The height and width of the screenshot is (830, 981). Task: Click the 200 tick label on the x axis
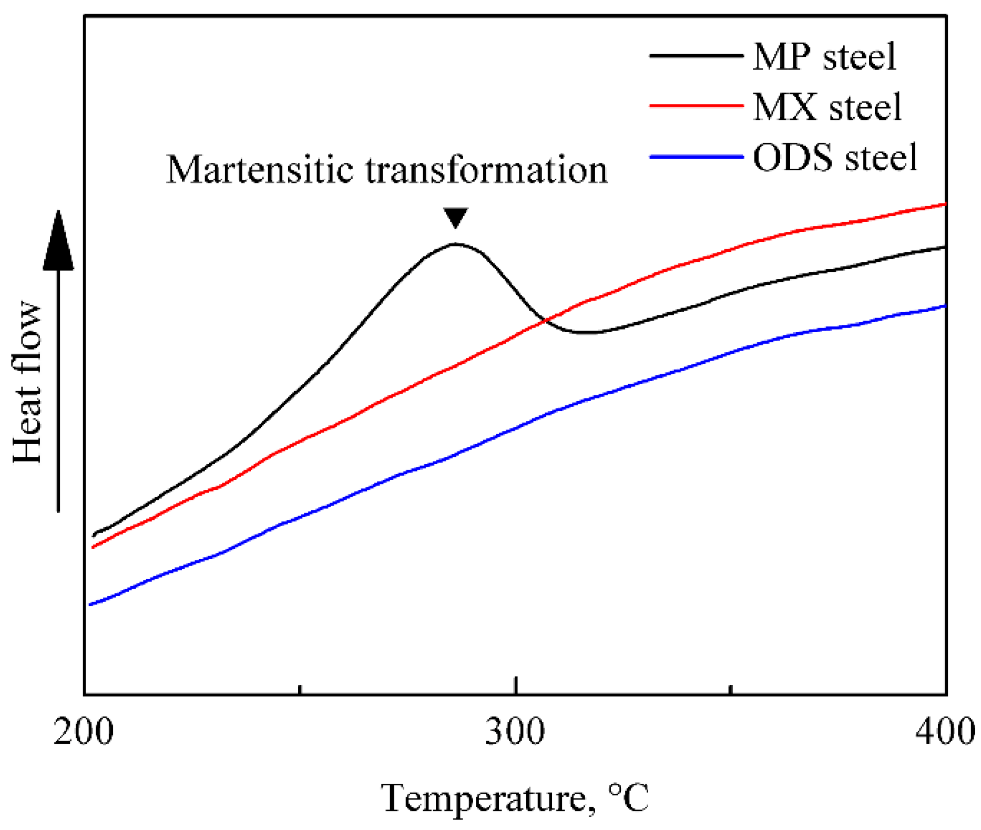click(84, 731)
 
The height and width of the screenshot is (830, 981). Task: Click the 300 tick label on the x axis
click(515, 731)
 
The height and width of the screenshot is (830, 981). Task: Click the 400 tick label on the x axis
click(945, 731)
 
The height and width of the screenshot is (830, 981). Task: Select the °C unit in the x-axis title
click(629, 798)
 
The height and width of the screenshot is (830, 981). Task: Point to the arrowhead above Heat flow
click(58, 242)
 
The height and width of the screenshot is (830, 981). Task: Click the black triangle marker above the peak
click(455, 217)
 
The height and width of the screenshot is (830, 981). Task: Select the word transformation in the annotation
click(486, 170)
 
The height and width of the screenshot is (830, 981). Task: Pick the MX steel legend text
click(827, 107)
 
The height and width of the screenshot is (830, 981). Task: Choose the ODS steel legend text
click(835, 157)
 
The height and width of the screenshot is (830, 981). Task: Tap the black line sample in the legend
click(696, 56)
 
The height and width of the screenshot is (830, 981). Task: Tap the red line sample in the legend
click(696, 106)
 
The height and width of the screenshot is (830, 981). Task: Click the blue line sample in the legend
click(696, 157)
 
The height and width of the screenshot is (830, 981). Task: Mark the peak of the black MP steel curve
click(455, 244)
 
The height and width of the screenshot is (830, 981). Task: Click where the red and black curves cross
click(545, 320)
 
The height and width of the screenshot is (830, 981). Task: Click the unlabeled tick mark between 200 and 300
click(300, 689)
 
